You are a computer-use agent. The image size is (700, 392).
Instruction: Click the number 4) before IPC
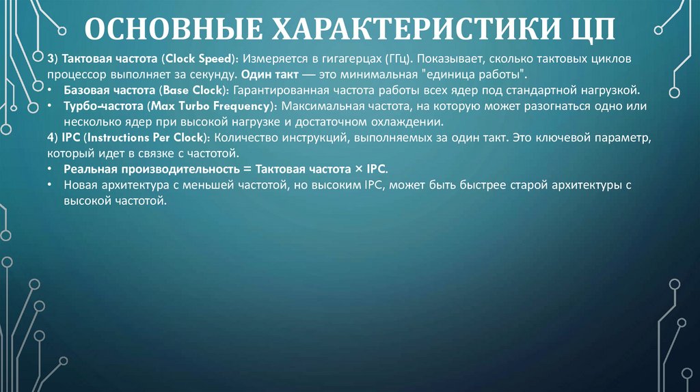(x=55, y=138)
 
